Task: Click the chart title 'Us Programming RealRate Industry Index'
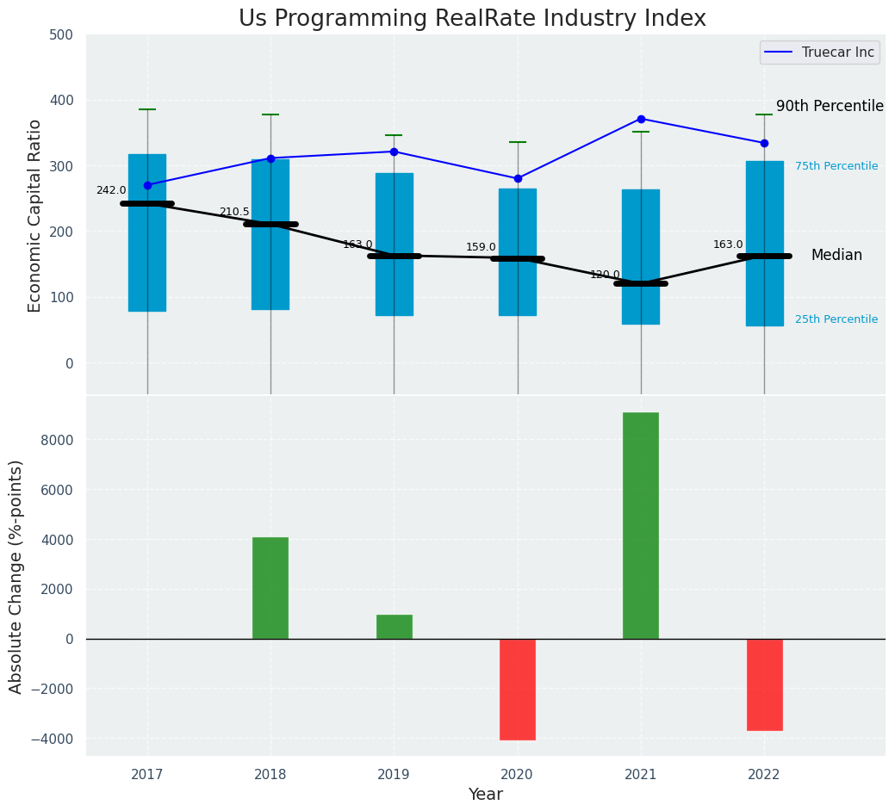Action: [x=472, y=19]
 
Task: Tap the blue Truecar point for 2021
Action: [x=641, y=119]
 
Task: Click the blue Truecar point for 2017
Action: [x=147, y=185]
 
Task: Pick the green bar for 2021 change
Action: [x=641, y=525]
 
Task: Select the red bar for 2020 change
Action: [x=518, y=689]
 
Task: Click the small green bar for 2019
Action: [x=395, y=627]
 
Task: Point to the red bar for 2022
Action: [x=764, y=684]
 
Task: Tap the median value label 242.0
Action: [x=111, y=190]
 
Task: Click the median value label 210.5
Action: [x=234, y=212]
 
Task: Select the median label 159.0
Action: [x=481, y=247]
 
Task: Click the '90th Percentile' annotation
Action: [x=830, y=106]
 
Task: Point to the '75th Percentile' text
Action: [x=836, y=166]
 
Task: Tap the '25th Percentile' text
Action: [x=836, y=319]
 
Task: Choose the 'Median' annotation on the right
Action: [x=836, y=256]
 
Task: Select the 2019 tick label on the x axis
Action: [x=395, y=775]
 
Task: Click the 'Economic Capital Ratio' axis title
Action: [x=35, y=215]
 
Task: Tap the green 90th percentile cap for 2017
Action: [x=147, y=109]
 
